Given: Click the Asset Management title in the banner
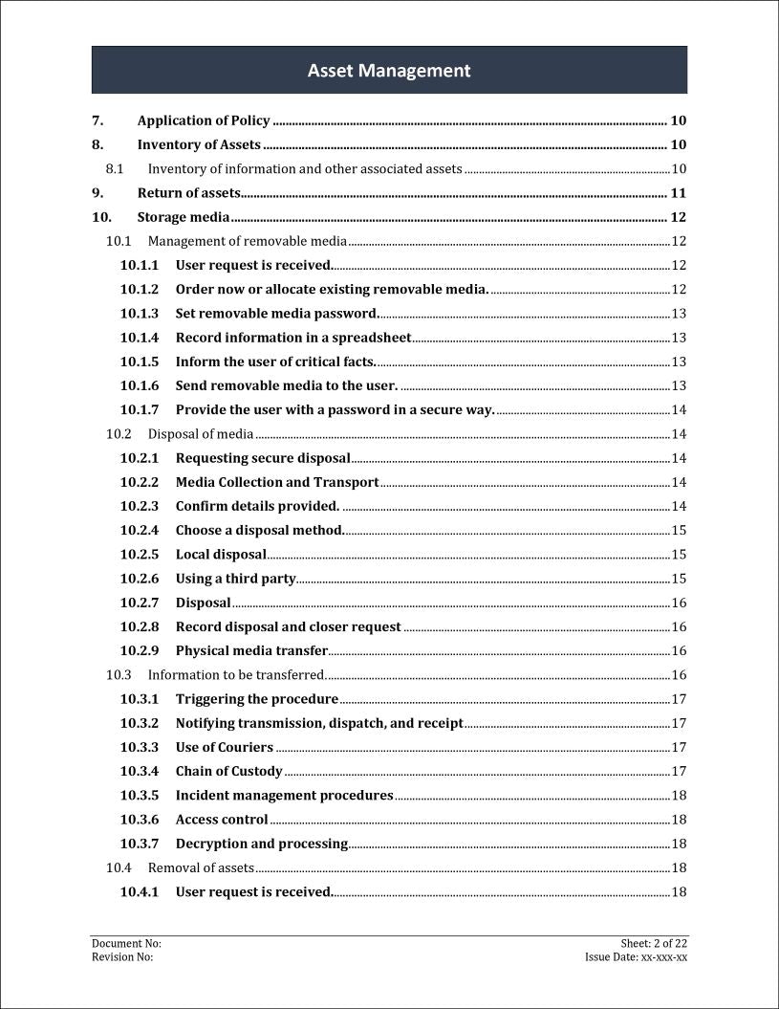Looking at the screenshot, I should click(389, 71).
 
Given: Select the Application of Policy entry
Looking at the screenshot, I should click(204, 121).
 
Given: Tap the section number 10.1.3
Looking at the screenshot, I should click(140, 314).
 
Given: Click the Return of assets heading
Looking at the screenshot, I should click(188, 193).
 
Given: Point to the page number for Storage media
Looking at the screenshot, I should click(678, 217).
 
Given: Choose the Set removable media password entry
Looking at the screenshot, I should click(277, 314).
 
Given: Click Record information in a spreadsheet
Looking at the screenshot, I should click(293, 338).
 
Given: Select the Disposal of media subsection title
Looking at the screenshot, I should click(201, 434).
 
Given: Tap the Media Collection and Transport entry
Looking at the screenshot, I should click(277, 482).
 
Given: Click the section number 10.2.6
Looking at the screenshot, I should click(140, 579).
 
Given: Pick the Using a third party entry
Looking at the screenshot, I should click(235, 579).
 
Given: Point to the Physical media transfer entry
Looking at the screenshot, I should click(251, 651).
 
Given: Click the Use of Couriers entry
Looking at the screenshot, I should click(225, 747).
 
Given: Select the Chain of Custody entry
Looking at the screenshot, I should click(229, 771).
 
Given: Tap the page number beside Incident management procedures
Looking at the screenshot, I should click(679, 796).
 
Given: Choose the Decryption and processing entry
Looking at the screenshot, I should click(262, 844).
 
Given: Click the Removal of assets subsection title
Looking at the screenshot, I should click(201, 868).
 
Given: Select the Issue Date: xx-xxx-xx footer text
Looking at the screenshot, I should click(636, 957).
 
